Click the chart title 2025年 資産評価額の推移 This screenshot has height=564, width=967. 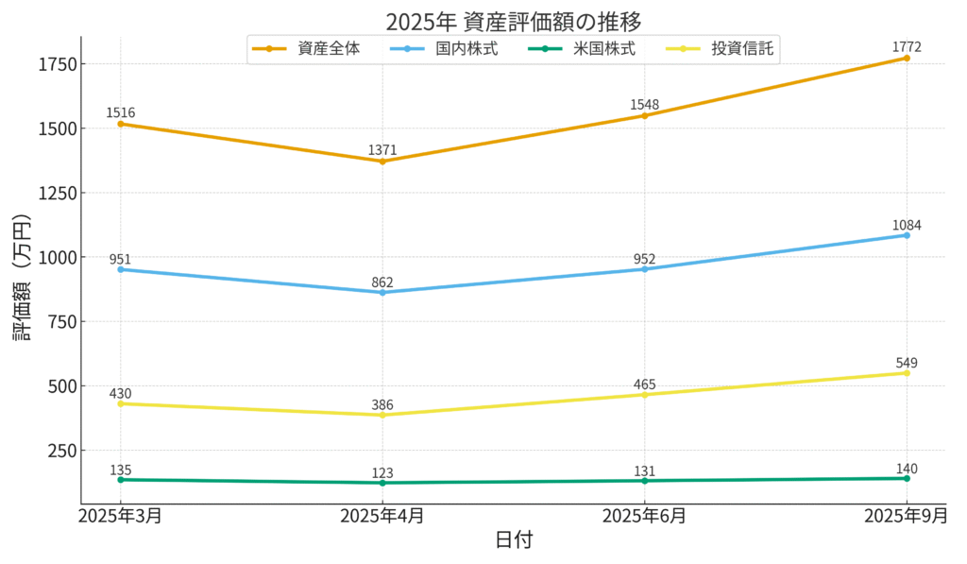pyautogui.click(x=514, y=21)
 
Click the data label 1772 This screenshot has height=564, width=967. pyautogui.click(x=907, y=46)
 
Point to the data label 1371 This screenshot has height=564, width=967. pyautogui.click(x=382, y=149)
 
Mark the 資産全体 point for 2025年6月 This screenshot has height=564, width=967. pyautogui.click(x=644, y=115)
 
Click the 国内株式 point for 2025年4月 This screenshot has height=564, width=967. pyautogui.click(x=382, y=292)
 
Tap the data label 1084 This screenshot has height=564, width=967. pyautogui.click(x=907, y=225)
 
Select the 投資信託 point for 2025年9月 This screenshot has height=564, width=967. pyautogui.click(x=907, y=372)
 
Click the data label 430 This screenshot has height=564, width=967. pyautogui.click(x=120, y=393)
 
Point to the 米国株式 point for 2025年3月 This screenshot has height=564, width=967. pyautogui.click(x=120, y=479)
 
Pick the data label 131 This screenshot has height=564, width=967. pyautogui.click(x=644, y=470)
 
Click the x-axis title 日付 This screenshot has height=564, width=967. pyautogui.click(x=514, y=541)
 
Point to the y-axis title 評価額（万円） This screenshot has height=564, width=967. pyautogui.click(x=22, y=278)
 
